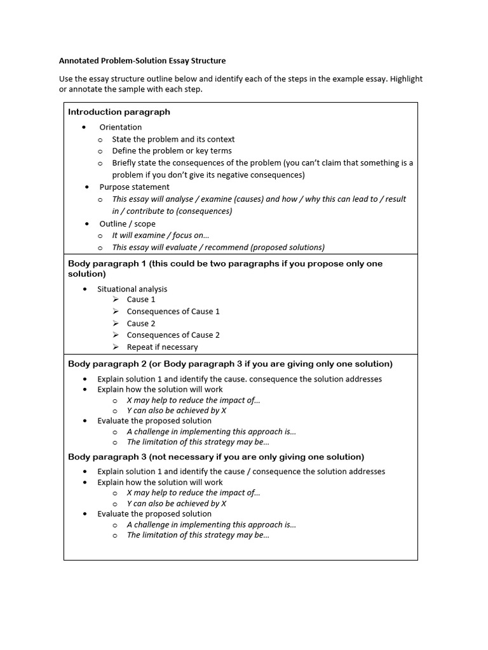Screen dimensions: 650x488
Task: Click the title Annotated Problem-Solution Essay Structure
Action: click(x=142, y=61)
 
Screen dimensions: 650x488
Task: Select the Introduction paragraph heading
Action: click(x=119, y=112)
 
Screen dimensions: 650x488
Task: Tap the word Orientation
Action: click(x=121, y=127)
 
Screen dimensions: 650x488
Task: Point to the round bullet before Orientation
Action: click(x=84, y=127)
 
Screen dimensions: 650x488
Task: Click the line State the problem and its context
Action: click(x=173, y=139)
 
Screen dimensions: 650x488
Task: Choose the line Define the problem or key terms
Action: click(x=172, y=150)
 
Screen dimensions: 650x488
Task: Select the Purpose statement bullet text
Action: click(x=134, y=187)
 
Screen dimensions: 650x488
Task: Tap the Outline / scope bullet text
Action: click(x=127, y=223)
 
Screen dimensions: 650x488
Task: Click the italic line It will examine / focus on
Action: click(x=160, y=235)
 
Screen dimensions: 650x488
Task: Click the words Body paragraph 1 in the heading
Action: click(x=102, y=263)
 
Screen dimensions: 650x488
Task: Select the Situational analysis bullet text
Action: click(x=132, y=289)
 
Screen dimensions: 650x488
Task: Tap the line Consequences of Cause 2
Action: click(x=173, y=335)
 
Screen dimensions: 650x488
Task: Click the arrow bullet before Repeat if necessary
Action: click(x=116, y=347)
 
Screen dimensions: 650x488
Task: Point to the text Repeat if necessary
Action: click(x=162, y=347)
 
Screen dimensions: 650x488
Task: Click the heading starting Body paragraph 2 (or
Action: click(x=230, y=364)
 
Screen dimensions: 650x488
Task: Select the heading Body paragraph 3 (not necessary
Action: click(x=216, y=456)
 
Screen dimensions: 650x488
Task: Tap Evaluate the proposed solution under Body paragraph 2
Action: click(x=154, y=420)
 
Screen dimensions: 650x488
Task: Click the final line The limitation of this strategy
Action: click(x=198, y=534)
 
